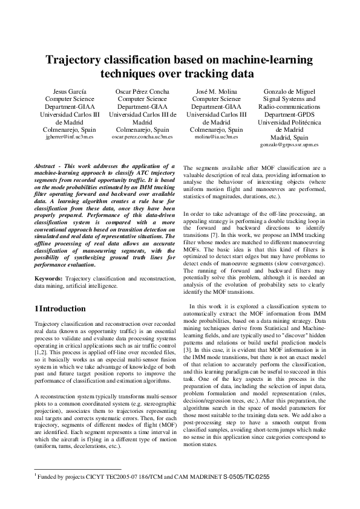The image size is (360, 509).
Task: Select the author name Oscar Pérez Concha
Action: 142,91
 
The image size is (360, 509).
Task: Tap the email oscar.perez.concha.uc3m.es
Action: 142,137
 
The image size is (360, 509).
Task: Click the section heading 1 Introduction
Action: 60,309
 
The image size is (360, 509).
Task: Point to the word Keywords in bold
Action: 48,277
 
